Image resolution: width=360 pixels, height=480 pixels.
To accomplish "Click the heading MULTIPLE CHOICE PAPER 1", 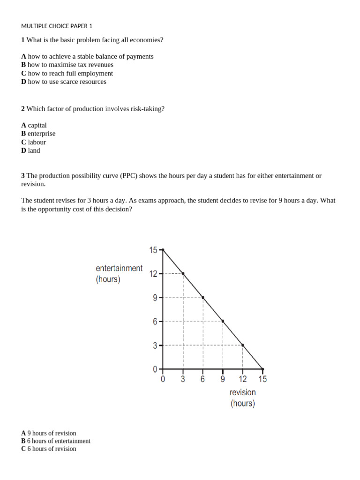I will tap(57, 26).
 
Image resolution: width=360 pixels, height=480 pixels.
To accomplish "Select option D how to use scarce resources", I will tap(64, 82).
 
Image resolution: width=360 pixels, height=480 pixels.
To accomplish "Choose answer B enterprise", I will tap(38, 134).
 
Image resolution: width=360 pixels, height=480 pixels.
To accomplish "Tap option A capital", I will tap(34, 125).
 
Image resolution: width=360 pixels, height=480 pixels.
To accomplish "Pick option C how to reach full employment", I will tap(67, 73).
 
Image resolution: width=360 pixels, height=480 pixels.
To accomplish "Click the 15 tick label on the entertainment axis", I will tap(153, 250).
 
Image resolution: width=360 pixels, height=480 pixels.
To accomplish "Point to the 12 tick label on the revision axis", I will tap(243, 379).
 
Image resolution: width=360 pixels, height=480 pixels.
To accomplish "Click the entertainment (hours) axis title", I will tap(119, 274).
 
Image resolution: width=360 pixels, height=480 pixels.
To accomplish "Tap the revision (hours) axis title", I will tap(243, 397).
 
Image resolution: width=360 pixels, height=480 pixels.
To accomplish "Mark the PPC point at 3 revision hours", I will tap(183, 273).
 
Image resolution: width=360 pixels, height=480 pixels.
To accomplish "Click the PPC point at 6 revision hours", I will tap(203, 297).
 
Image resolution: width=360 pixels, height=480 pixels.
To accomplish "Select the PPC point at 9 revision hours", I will tap(223, 321).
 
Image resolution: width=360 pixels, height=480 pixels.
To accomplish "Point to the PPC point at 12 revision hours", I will tap(242, 345).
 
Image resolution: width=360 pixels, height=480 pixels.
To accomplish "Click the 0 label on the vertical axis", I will tap(155, 369).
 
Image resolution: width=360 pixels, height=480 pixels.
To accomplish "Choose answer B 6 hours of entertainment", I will tap(56, 441).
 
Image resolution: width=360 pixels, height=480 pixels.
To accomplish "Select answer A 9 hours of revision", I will tap(49, 433).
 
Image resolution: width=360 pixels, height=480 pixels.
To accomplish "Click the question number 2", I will tap(23, 109).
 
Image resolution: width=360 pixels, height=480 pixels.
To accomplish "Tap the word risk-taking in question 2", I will tap(147, 109).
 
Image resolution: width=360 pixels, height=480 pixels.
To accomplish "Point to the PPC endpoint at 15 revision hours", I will tap(262, 369).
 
